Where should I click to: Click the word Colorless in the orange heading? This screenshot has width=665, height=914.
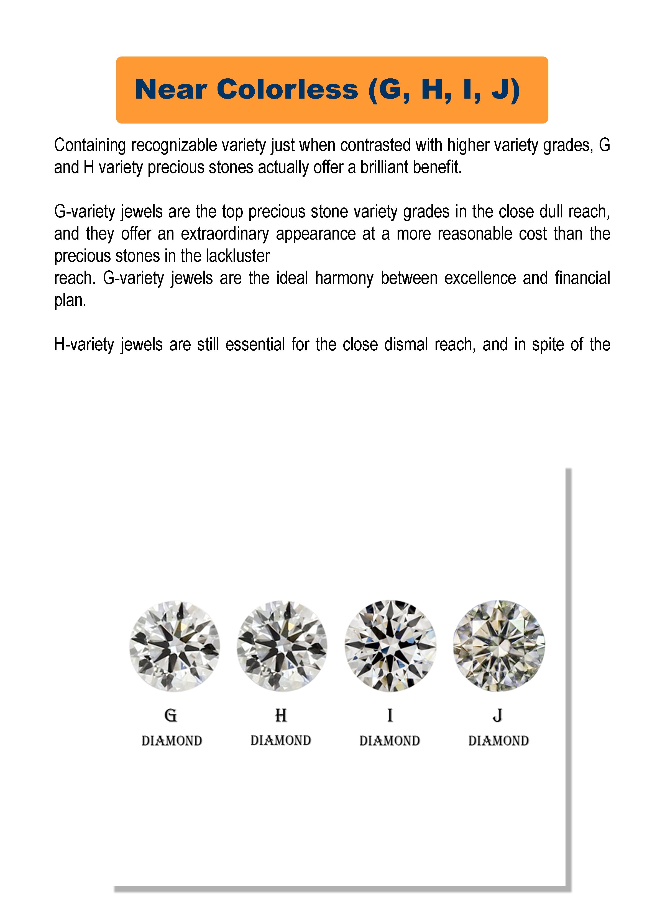point(287,89)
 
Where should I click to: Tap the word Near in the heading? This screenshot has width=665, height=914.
point(171,89)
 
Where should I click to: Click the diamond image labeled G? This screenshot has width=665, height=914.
point(175,646)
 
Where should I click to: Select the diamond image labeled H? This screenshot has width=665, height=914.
point(282,646)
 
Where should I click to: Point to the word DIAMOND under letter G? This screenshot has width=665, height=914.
point(172,741)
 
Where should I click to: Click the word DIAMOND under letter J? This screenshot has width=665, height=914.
point(498,741)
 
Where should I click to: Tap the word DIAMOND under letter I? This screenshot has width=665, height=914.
point(390,741)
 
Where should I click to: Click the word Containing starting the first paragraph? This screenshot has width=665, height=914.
point(90,145)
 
